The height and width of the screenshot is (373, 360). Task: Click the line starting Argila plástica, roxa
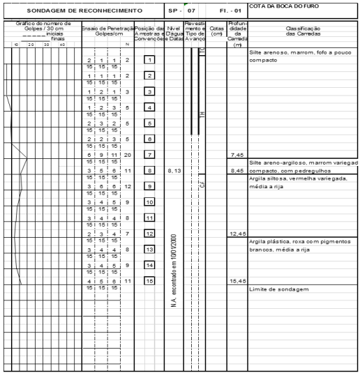coord(299,241)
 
